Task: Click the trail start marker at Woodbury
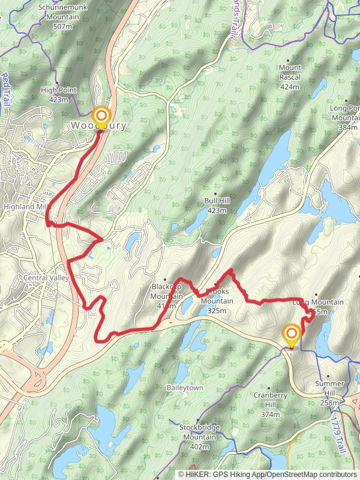point(101,116)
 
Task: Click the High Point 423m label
point(59,95)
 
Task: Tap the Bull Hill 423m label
point(216,206)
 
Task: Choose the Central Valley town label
point(46,278)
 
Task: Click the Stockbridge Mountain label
point(199,432)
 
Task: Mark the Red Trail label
point(6,88)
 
